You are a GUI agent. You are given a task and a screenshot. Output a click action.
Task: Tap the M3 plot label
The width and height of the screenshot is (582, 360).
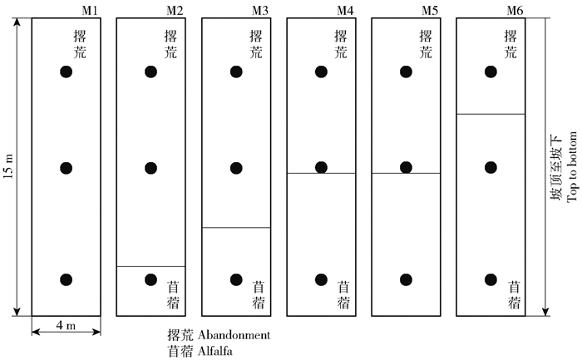[x=261, y=9]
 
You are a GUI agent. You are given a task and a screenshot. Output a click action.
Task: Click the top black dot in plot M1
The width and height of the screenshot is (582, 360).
[x=67, y=72]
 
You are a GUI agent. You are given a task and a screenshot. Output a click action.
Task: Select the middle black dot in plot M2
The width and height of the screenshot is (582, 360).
[x=150, y=168]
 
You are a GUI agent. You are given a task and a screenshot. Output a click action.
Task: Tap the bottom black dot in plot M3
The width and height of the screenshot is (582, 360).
[x=235, y=279]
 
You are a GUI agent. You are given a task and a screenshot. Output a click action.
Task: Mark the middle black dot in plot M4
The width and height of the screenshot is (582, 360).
[x=321, y=168]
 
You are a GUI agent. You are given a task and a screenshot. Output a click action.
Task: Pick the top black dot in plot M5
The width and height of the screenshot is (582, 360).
[x=405, y=72]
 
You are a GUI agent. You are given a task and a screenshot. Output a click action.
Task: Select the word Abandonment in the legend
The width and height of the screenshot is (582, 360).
[x=233, y=335]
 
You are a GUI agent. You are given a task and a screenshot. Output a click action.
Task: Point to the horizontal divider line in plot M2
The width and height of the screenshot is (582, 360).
[x=150, y=266]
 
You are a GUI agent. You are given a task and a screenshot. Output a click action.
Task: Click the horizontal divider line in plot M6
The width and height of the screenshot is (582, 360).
[x=491, y=113]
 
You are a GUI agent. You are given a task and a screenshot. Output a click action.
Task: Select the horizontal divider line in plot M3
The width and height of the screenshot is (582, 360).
[x=235, y=227]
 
